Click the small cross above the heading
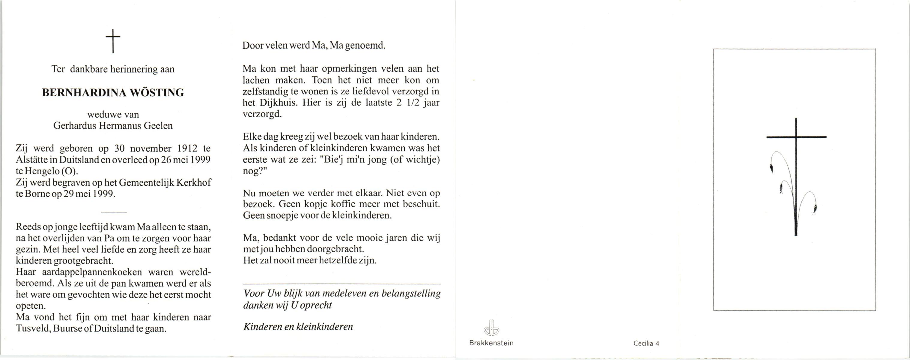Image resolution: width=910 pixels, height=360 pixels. tap(113, 41)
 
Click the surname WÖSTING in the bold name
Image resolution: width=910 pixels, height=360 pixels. tap(157, 93)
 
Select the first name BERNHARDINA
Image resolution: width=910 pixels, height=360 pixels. tap(84, 93)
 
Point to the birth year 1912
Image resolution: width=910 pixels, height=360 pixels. tap(188, 149)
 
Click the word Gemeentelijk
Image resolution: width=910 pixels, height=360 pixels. tap(146, 183)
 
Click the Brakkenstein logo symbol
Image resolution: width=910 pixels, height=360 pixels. tap(491, 328)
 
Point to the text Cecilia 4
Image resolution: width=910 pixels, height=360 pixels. tap(646, 343)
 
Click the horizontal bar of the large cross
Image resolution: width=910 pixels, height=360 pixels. tap(796, 137)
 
